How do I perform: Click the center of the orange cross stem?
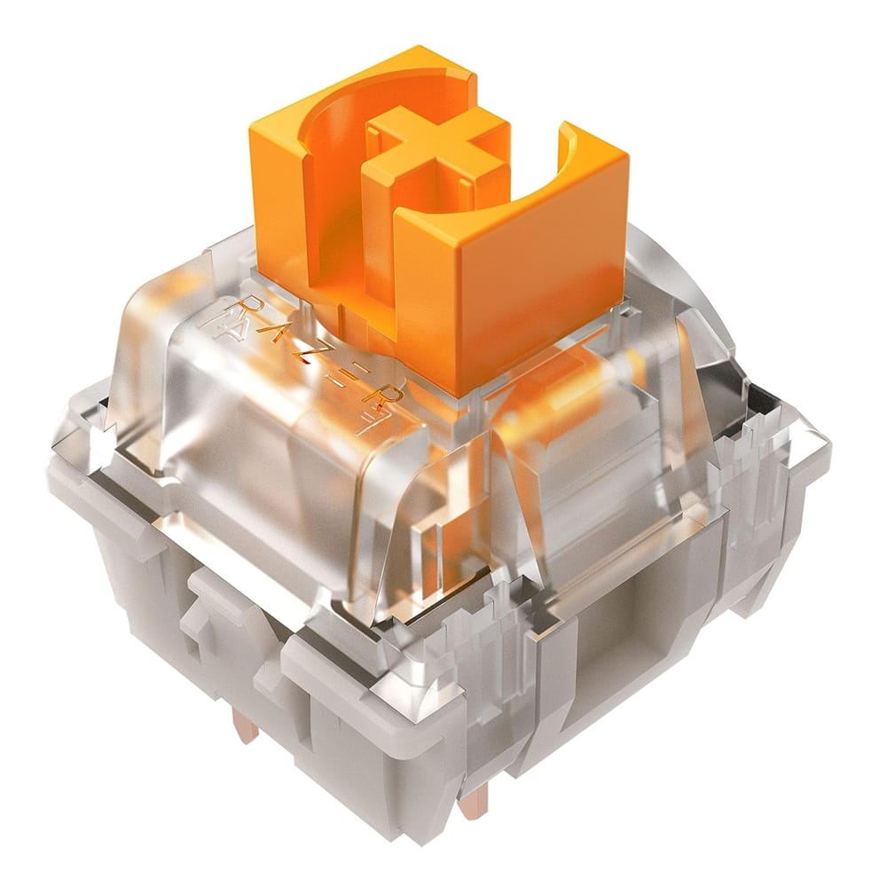(x=436, y=148)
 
